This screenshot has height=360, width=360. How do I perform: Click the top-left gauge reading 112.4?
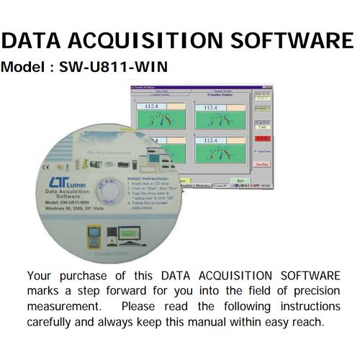(x=152, y=106)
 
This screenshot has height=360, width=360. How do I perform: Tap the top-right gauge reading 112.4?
(x=210, y=106)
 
